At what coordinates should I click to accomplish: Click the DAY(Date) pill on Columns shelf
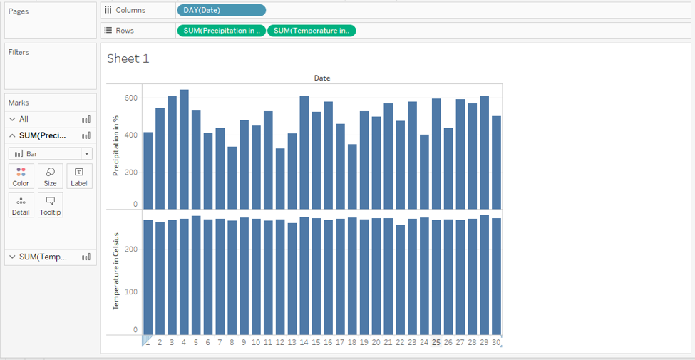coord(221,10)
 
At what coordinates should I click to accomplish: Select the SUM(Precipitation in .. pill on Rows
coord(221,31)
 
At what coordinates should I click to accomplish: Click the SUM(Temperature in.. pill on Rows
coord(312,31)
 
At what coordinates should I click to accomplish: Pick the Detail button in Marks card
coord(21,205)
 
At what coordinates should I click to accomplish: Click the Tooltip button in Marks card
coord(51,205)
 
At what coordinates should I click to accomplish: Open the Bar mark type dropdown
coord(51,154)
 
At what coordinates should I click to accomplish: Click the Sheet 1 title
coord(128,59)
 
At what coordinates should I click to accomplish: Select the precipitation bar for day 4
coord(184,150)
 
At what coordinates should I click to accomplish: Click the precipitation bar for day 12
coord(280,178)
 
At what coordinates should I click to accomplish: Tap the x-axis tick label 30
coord(496,342)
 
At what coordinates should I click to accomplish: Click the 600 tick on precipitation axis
coord(130,97)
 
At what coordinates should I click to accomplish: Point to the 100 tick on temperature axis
coord(130,292)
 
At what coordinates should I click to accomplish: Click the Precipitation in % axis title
coord(115,146)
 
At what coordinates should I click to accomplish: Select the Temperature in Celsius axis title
coord(115,272)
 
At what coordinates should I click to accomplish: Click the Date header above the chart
coord(322,78)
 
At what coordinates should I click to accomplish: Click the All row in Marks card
coord(24,119)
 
